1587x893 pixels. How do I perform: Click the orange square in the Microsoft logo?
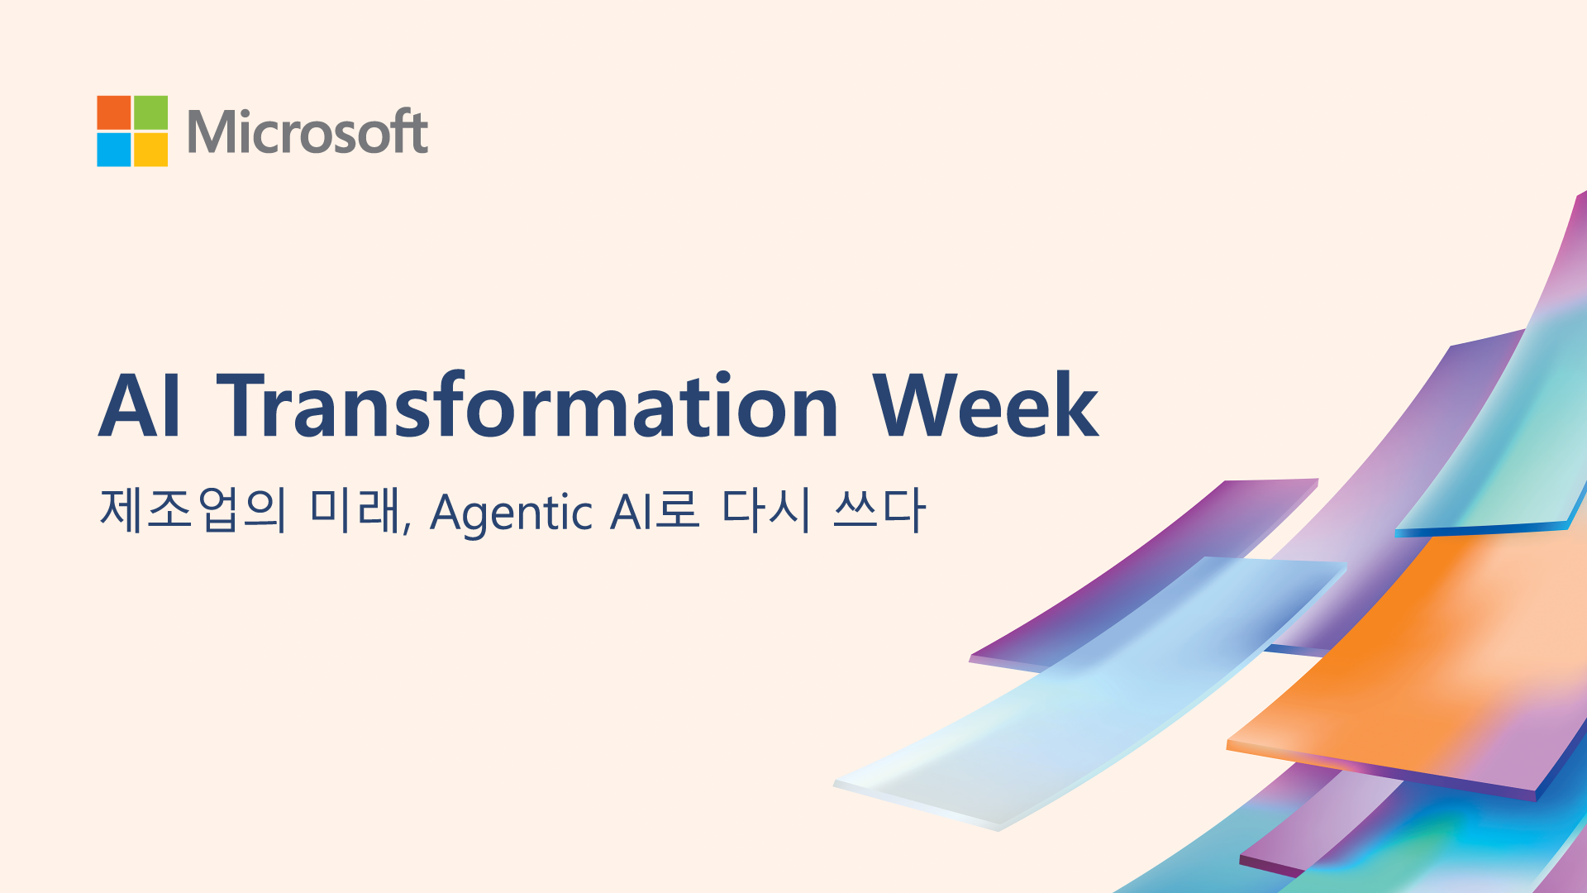point(114,112)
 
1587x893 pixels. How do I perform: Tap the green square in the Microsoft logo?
point(151,112)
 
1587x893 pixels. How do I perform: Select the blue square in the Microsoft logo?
point(114,150)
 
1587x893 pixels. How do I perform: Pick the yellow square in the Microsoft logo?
point(151,150)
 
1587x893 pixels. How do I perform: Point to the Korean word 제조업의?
point(193,509)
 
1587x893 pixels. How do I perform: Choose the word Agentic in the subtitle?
point(512,513)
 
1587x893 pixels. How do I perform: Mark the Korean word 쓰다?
point(879,509)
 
